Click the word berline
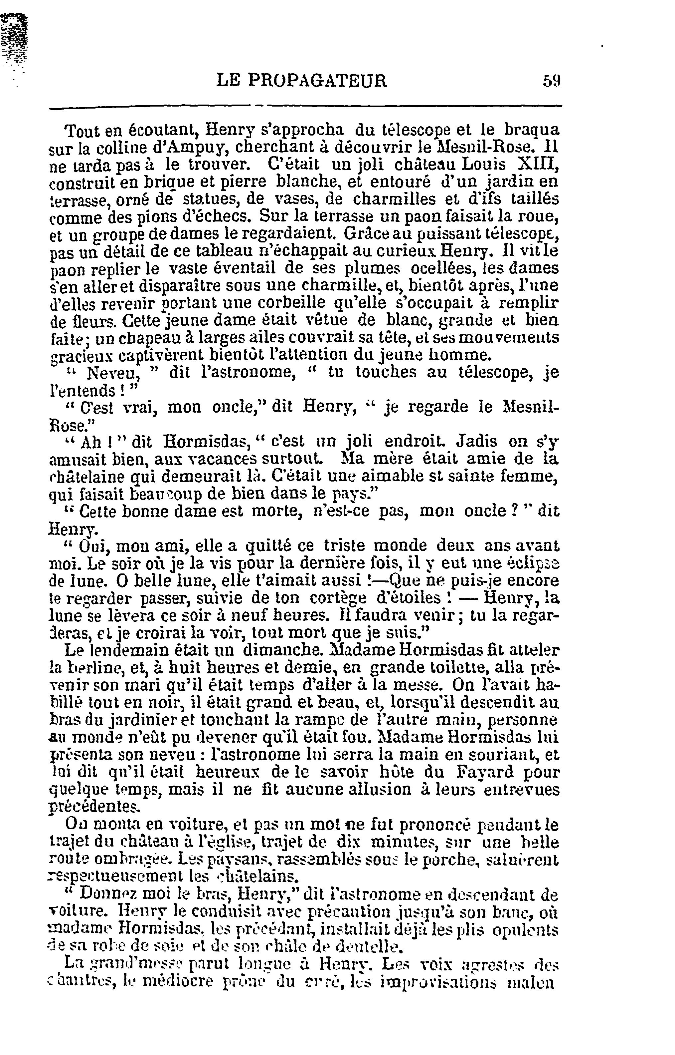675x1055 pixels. click(86, 668)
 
